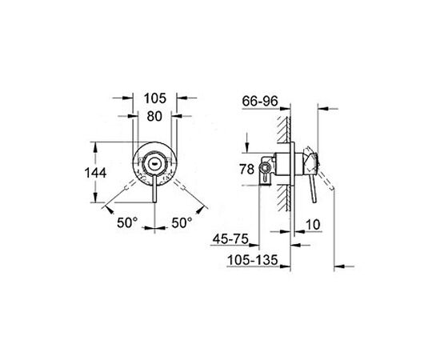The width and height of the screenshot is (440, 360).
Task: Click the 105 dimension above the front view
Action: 155,98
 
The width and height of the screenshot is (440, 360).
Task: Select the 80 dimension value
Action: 154,116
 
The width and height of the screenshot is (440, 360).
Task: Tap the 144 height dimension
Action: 95,173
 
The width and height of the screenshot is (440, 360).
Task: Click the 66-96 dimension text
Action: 260,101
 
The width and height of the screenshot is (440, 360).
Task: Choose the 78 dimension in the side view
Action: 247,169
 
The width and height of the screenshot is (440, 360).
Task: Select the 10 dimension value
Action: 313,225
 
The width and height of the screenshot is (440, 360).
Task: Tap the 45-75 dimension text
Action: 230,239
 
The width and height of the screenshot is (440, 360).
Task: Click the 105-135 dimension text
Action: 252,260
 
